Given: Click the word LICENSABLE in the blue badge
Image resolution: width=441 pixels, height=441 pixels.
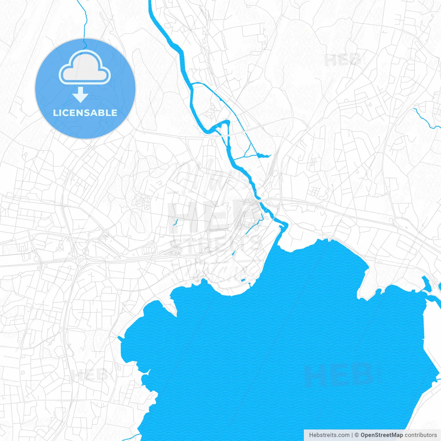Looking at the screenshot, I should point(85,113).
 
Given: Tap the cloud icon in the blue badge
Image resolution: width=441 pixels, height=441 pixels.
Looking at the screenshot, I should point(85,68).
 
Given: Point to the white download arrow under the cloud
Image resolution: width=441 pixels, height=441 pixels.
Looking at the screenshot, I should point(81,95).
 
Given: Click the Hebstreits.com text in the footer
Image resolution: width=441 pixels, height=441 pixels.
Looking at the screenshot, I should point(329,435).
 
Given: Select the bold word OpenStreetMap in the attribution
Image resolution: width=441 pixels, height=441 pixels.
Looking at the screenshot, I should point(381,435).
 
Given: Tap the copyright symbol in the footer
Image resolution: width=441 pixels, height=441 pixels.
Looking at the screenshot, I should point(357,435).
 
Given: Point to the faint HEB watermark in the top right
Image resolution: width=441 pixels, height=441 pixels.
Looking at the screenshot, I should point(343,60).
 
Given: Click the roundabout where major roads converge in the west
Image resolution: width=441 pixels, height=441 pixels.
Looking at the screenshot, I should point(82,261).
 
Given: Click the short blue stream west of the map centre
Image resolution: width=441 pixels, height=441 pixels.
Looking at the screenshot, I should point(175,222).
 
